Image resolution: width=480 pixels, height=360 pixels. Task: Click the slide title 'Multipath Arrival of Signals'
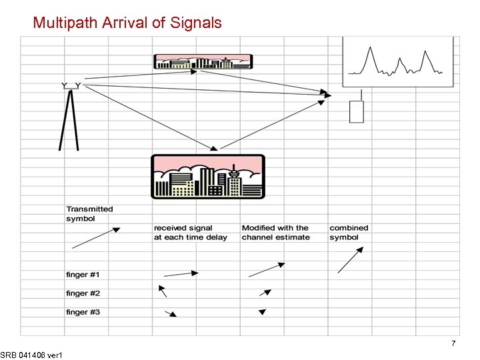[x=127, y=23]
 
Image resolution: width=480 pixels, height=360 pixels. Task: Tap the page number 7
[x=453, y=343]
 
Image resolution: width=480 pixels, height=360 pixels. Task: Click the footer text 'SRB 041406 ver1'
[x=32, y=355]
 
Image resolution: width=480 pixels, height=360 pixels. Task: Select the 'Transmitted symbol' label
[x=89, y=213]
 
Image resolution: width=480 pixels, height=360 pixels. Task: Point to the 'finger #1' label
[x=83, y=275]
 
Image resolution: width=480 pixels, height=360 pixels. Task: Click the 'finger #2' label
[x=83, y=293]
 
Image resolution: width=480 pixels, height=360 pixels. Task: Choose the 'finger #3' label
[x=83, y=312]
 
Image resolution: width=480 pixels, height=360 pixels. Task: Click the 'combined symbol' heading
[x=349, y=232]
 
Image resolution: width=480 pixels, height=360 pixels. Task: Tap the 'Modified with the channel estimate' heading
[x=275, y=232]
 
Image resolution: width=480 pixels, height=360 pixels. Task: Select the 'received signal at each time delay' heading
[x=190, y=232]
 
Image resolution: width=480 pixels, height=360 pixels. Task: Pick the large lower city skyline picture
[x=207, y=176]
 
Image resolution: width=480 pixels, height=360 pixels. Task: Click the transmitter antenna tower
[x=70, y=117]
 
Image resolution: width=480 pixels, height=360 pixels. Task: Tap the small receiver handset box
[x=357, y=111]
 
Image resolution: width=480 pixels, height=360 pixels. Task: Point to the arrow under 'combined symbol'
[x=351, y=259]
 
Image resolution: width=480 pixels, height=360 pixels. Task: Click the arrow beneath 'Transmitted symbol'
[x=96, y=238]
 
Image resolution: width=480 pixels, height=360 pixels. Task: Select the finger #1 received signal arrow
[x=181, y=273]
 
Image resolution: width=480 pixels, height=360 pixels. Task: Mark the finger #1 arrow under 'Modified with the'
[x=267, y=269]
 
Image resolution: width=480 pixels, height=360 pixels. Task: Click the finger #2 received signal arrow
[x=162, y=291]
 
